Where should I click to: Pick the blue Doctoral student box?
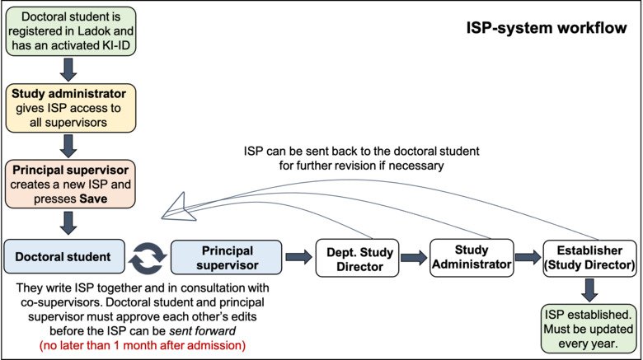(63, 256)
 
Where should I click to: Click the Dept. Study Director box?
(358, 257)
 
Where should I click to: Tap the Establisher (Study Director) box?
(589, 257)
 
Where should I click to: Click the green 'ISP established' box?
(589, 327)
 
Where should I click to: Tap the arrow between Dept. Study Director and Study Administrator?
(415, 257)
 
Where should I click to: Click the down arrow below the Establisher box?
(589, 288)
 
